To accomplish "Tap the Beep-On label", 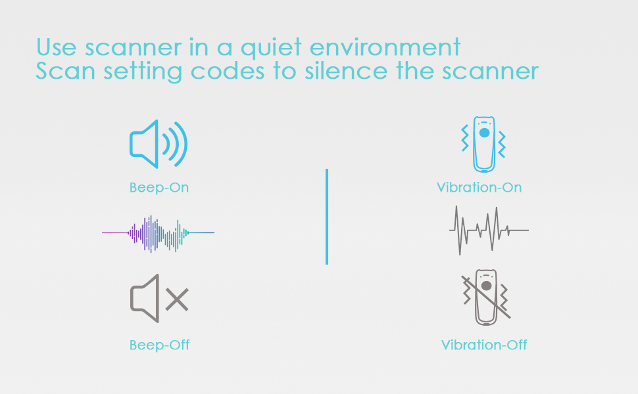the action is pyautogui.click(x=159, y=188).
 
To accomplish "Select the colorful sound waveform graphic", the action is pyautogui.click(x=158, y=233).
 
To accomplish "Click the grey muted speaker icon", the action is pyautogui.click(x=145, y=299).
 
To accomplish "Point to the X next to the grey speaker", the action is pyautogui.click(x=177, y=299).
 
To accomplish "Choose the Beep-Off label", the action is pyautogui.click(x=159, y=345).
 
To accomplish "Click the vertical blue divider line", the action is pyautogui.click(x=327, y=217).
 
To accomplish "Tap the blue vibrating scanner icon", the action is pyautogui.click(x=483, y=144).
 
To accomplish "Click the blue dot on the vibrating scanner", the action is pyautogui.click(x=484, y=133).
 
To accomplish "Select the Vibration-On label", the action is pyautogui.click(x=479, y=187).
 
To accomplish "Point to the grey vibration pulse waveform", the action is pyautogui.click(x=489, y=230).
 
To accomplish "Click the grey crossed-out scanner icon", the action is pyautogui.click(x=486, y=297).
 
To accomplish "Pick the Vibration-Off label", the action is pyautogui.click(x=484, y=345).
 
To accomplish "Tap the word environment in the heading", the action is pyautogui.click(x=385, y=47).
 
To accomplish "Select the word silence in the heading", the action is pyautogui.click(x=346, y=71).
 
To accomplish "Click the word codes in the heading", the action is pyautogui.click(x=228, y=71).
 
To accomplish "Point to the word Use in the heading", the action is pyautogui.click(x=56, y=47).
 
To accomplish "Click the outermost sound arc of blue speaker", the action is pyautogui.click(x=181, y=144).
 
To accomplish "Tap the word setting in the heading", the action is pyautogui.click(x=143, y=72).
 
